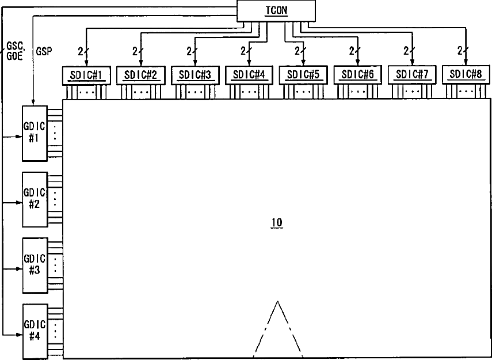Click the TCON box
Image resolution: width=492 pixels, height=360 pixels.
(x=277, y=11)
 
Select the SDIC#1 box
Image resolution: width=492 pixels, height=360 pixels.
(x=85, y=75)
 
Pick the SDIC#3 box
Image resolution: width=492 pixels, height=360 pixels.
(x=194, y=75)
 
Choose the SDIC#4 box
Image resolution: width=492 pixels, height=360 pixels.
(x=249, y=75)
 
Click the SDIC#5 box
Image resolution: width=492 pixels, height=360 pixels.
(x=303, y=75)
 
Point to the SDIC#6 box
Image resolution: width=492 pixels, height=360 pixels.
(x=357, y=75)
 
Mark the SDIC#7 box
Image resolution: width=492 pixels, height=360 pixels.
(x=412, y=75)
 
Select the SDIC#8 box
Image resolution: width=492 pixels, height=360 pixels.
(x=466, y=75)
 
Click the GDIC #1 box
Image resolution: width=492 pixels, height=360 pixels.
(x=34, y=133)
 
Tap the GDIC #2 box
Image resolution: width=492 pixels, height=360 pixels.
(x=34, y=199)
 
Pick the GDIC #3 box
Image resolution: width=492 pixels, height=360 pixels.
(x=34, y=264)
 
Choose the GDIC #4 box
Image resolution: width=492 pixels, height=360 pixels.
(x=34, y=330)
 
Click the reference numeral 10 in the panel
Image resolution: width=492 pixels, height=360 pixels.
(x=277, y=223)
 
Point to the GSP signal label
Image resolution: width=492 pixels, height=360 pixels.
(x=44, y=51)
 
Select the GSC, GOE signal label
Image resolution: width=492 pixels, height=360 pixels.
(x=14, y=51)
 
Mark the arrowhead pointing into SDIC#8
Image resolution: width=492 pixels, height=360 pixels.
(x=466, y=63)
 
